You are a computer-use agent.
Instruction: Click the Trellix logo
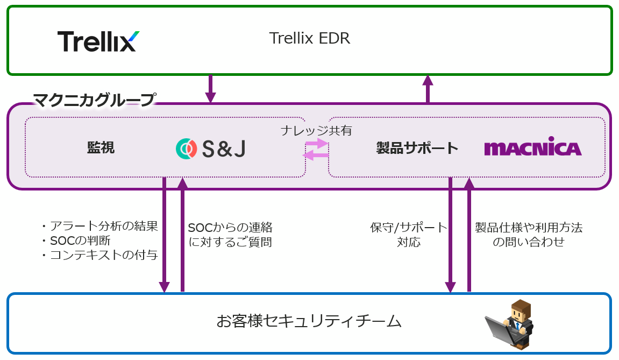tap(98, 41)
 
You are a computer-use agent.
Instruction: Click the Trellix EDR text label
tap(309, 39)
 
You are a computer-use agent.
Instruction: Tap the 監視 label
tap(101, 148)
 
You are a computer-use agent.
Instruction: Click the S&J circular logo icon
tap(186, 149)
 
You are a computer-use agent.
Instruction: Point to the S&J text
tap(224, 149)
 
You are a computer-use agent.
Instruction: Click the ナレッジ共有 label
tap(316, 131)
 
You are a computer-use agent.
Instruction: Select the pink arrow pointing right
tap(317, 143)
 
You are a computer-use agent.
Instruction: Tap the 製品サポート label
tap(417, 148)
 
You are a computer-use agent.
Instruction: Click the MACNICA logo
tap(532, 149)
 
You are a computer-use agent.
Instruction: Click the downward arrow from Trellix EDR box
tap(210, 89)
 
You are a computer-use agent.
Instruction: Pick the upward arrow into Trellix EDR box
tap(428, 89)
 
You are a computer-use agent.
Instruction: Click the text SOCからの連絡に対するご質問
tap(230, 235)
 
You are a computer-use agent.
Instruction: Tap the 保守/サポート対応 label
tap(409, 235)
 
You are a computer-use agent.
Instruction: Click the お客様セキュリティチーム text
tap(309, 321)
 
